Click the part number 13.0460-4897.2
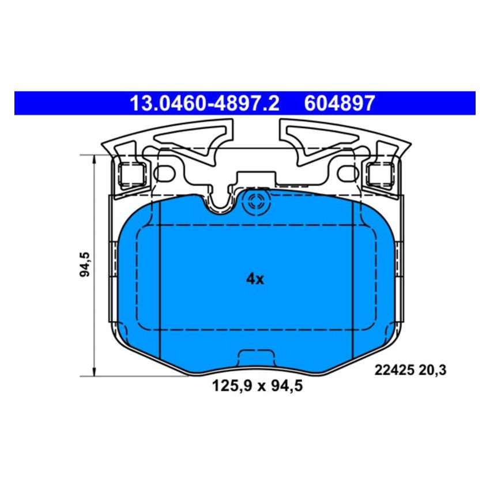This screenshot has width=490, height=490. click(x=204, y=103)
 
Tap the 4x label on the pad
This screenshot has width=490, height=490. click(x=254, y=280)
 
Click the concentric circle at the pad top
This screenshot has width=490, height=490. click(x=254, y=202)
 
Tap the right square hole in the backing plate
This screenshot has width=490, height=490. click(x=382, y=174)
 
